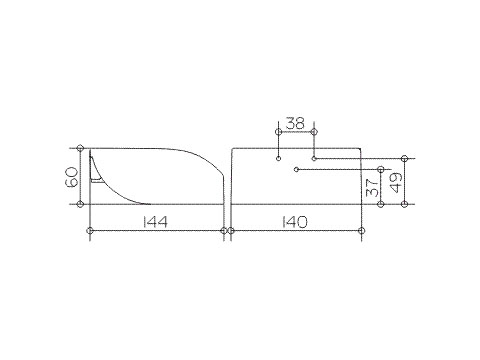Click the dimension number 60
click(x=73, y=177)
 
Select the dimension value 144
click(x=155, y=222)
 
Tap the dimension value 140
click(x=295, y=222)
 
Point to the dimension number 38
click(x=295, y=124)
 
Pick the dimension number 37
click(x=373, y=187)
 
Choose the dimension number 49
click(x=397, y=183)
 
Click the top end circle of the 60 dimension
click(x=80, y=148)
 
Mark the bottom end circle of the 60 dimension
click(x=80, y=204)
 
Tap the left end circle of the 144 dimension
click(x=90, y=230)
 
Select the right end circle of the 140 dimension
click(x=362, y=230)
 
